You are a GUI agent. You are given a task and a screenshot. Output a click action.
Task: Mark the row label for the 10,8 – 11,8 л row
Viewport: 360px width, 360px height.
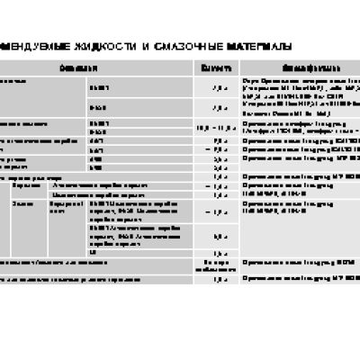[x=36, y=124]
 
